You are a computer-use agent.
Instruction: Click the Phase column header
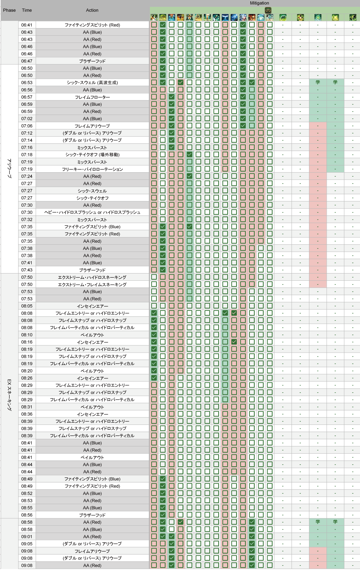click(x=9, y=10)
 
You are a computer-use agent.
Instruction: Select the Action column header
click(x=92, y=10)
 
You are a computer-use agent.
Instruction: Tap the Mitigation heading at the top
click(x=259, y=3)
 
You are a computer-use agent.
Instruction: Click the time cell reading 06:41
click(x=27, y=25)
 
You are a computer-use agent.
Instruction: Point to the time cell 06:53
click(x=27, y=83)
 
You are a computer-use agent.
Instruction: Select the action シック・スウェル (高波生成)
click(x=92, y=83)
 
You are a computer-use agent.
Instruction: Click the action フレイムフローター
click(x=92, y=97)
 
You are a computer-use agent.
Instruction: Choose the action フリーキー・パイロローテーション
click(x=92, y=169)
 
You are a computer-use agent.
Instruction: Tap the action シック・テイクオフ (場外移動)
click(x=92, y=155)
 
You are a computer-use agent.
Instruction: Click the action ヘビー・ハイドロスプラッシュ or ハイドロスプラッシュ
click(x=92, y=212)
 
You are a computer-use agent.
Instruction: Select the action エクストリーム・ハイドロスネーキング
click(x=92, y=277)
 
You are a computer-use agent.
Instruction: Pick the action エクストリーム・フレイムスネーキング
click(x=92, y=284)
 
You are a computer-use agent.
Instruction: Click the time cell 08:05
click(x=27, y=306)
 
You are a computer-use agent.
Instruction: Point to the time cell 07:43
click(x=27, y=270)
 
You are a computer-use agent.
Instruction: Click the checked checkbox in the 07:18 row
click(x=190, y=154)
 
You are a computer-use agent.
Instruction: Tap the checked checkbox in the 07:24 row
click(x=190, y=176)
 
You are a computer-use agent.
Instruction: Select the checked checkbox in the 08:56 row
click(x=163, y=515)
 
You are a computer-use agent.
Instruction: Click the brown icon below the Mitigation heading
click(x=268, y=10)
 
